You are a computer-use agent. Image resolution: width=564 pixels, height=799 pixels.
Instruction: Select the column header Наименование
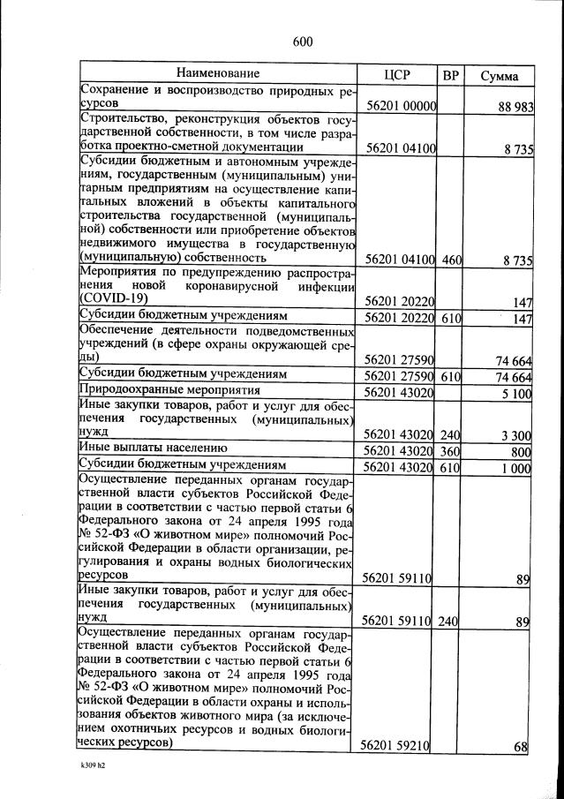point(218,73)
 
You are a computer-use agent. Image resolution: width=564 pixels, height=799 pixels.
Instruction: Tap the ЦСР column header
point(399,74)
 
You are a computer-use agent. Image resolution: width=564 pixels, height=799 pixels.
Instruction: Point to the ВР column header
point(450,74)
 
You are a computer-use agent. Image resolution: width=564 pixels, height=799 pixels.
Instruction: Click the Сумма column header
point(499,75)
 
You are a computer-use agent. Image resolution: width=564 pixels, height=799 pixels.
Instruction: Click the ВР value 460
point(450,259)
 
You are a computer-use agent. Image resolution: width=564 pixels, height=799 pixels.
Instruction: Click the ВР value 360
point(450,450)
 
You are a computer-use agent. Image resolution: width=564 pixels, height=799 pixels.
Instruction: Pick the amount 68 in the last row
point(521,747)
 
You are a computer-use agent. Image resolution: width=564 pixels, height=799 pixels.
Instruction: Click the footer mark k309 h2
point(92,778)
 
